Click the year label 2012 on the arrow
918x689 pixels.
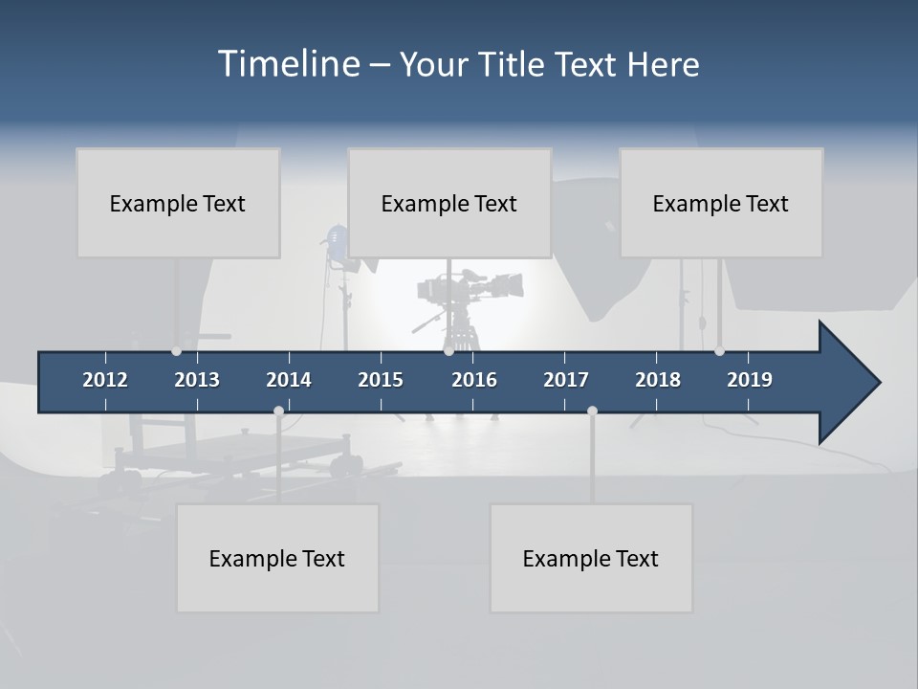tap(105, 380)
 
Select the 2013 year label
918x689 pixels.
tap(197, 380)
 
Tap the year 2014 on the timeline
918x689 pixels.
tap(289, 380)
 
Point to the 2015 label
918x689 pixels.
tap(381, 380)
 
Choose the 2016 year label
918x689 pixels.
tap(474, 380)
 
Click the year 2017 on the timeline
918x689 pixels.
tap(566, 380)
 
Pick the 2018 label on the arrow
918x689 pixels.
tap(658, 380)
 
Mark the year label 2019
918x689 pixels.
tap(750, 380)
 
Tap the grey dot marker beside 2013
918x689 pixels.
tap(176, 351)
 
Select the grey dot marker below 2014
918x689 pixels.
tap(278, 411)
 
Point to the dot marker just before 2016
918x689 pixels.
tap(448, 351)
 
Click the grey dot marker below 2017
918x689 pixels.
tap(592, 411)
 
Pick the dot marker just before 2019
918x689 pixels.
tap(719, 351)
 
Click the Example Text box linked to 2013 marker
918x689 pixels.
tap(178, 203)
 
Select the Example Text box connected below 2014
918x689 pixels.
tap(277, 558)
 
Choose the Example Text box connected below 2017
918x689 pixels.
tap(591, 558)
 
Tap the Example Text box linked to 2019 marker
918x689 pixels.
tap(721, 203)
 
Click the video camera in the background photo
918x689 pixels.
tap(469, 287)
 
